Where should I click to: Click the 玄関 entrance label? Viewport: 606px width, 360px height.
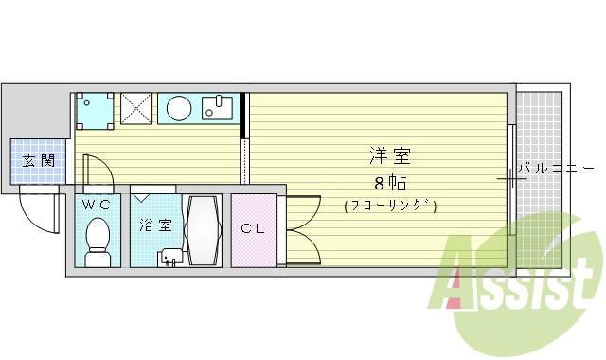(38, 161)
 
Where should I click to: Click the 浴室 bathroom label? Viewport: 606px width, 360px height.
(156, 225)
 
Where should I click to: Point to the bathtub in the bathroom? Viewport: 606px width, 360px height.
(204, 232)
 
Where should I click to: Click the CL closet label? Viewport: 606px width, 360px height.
(252, 228)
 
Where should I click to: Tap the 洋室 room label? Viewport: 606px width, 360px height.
(389, 156)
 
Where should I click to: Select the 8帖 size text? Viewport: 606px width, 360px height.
(389, 181)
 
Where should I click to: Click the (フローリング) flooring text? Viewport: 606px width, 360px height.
(389, 205)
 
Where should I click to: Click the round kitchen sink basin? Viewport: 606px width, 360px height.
(178, 108)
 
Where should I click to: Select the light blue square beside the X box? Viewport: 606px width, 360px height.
(96, 109)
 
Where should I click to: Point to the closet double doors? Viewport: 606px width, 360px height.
(301, 228)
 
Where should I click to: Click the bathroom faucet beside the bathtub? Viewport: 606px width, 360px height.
(170, 257)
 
